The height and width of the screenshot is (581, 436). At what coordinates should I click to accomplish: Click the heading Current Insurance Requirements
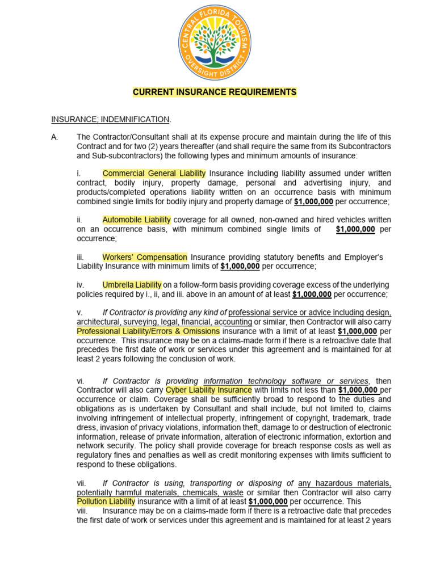[215, 92]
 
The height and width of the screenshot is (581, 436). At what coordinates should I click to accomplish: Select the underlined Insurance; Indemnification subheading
[111, 119]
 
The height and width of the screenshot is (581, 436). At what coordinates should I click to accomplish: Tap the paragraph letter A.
[54, 138]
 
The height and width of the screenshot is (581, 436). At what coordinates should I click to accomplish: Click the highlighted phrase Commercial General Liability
[154, 174]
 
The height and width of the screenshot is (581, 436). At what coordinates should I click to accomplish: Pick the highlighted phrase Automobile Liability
[136, 220]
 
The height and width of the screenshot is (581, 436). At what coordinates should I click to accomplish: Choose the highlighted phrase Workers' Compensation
[145, 257]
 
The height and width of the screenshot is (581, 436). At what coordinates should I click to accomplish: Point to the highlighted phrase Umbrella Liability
[132, 285]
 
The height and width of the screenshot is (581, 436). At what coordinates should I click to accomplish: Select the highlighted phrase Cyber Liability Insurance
[208, 390]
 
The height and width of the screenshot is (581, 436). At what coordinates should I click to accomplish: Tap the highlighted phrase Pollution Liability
[106, 502]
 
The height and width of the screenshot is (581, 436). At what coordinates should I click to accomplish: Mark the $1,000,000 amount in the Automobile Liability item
[355, 229]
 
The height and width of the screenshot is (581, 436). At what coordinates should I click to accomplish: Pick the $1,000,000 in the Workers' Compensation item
[240, 266]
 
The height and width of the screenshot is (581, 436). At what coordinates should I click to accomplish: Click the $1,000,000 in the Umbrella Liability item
[312, 294]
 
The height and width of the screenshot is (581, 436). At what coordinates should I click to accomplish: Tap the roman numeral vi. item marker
[81, 381]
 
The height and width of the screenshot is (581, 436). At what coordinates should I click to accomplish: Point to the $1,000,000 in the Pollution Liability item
[268, 502]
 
